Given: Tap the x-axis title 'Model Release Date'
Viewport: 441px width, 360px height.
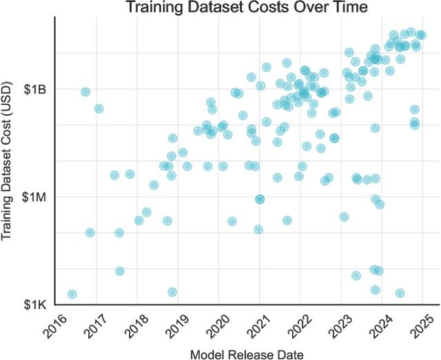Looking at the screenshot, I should tap(247, 353).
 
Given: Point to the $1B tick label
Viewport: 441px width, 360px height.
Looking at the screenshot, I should tap(35, 89).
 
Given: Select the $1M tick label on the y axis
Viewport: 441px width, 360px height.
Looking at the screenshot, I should tap(34, 197).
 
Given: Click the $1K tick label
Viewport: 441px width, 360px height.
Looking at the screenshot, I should tap(35, 305).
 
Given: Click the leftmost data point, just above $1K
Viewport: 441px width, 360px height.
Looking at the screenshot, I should tap(72, 294).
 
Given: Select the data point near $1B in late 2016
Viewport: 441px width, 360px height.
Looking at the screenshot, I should tap(85, 92).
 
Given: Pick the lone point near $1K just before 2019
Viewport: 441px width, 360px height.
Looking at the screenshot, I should tap(172, 292).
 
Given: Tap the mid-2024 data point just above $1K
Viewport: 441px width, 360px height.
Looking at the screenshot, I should tap(400, 293).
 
